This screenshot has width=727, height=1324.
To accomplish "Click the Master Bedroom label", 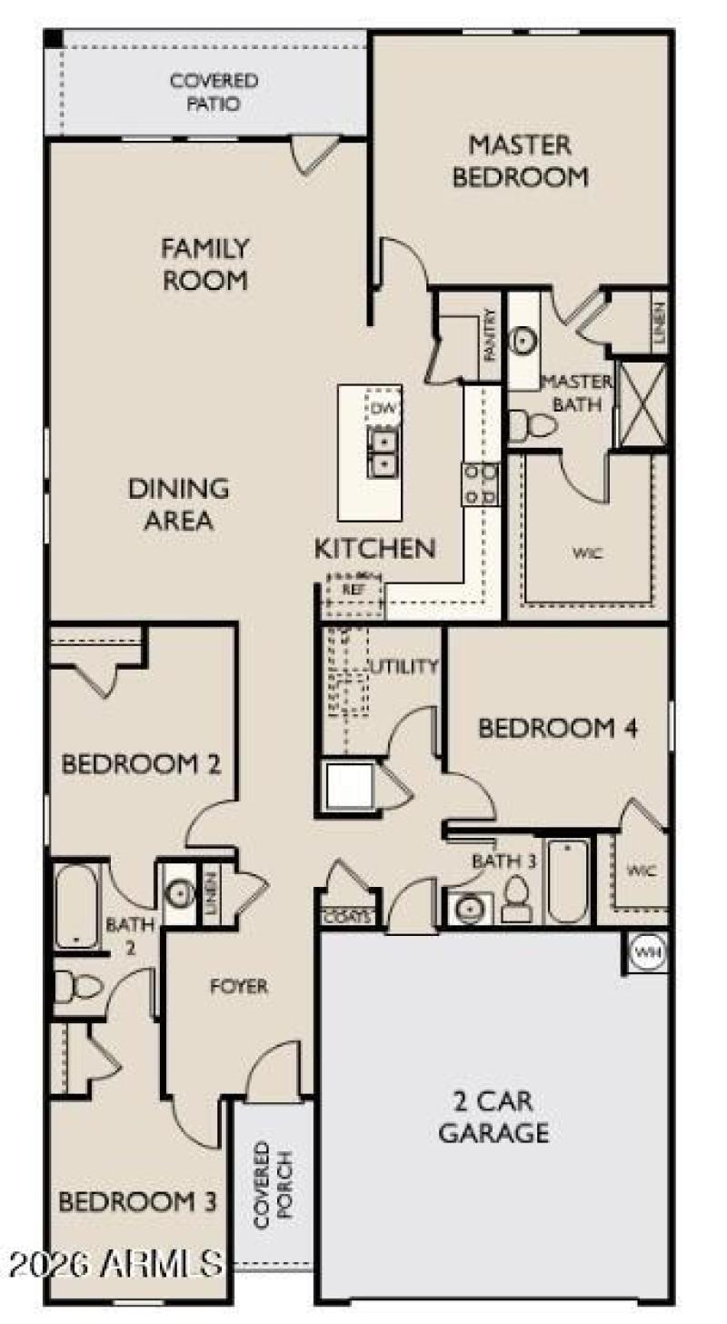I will coord(520,161).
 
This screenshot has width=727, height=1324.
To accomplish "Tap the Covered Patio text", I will coord(214,93).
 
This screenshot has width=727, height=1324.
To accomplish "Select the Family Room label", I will coord(204,264).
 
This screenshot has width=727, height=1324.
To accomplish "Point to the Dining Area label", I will coord(178,504).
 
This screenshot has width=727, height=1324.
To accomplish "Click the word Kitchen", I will coord(374,548).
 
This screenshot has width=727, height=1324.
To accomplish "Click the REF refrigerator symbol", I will coord(353,589).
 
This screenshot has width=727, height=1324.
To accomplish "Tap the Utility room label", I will coord(403,666).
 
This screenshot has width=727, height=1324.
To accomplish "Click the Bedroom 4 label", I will coord(557,728).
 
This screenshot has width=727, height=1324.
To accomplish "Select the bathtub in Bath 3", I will coord(568,879).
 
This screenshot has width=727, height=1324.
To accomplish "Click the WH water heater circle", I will coord(647,951).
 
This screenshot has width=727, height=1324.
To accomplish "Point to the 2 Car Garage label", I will coord(493,1117).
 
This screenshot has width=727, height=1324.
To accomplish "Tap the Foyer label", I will coord(239,986).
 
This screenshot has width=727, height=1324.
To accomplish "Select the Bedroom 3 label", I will coord(137,1201).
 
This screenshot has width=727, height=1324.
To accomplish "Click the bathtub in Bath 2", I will coord(75,907).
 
